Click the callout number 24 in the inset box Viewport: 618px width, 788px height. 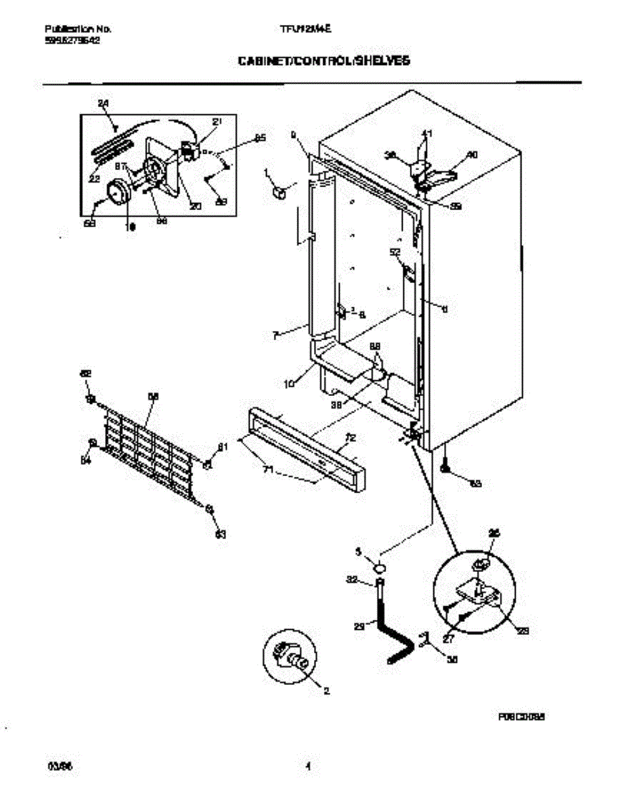click(x=103, y=103)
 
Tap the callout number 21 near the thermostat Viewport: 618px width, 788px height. click(x=217, y=121)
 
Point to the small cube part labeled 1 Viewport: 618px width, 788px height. click(x=278, y=192)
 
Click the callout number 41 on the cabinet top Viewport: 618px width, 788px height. click(x=427, y=134)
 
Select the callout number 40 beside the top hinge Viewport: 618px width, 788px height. click(x=472, y=155)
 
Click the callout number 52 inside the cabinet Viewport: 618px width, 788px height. click(x=395, y=252)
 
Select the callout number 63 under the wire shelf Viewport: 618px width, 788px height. click(x=221, y=535)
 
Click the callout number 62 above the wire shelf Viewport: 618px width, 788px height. click(x=85, y=373)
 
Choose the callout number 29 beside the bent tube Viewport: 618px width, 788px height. click(x=359, y=626)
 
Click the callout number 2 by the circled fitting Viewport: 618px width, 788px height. click(x=326, y=690)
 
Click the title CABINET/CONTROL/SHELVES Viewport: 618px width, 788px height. click(x=324, y=60)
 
